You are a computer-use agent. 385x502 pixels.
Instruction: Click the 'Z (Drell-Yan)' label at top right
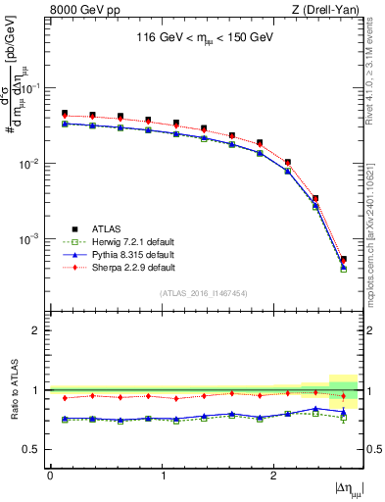(x=327, y=11)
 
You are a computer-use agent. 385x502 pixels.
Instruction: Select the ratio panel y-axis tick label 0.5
(x=35, y=449)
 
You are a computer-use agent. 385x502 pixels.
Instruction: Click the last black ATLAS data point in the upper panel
(x=343, y=260)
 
